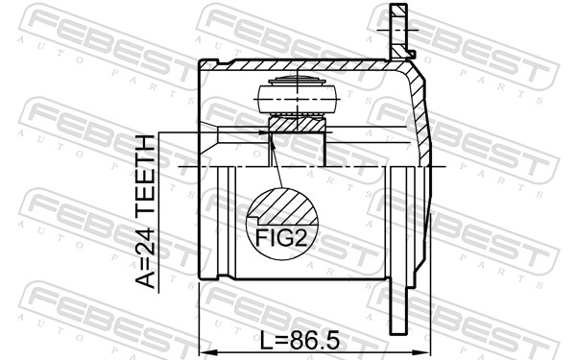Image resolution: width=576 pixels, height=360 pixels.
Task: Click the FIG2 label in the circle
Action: [281, 238]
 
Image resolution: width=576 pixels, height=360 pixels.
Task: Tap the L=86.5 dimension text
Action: [300, 342]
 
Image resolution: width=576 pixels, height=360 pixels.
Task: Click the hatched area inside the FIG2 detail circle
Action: [286, 206]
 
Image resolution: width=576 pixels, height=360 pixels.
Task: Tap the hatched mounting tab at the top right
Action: [399, 31]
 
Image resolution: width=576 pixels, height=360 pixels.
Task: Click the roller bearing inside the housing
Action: [297, 96]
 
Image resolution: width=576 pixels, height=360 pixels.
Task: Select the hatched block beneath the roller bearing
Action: [297, 124]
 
